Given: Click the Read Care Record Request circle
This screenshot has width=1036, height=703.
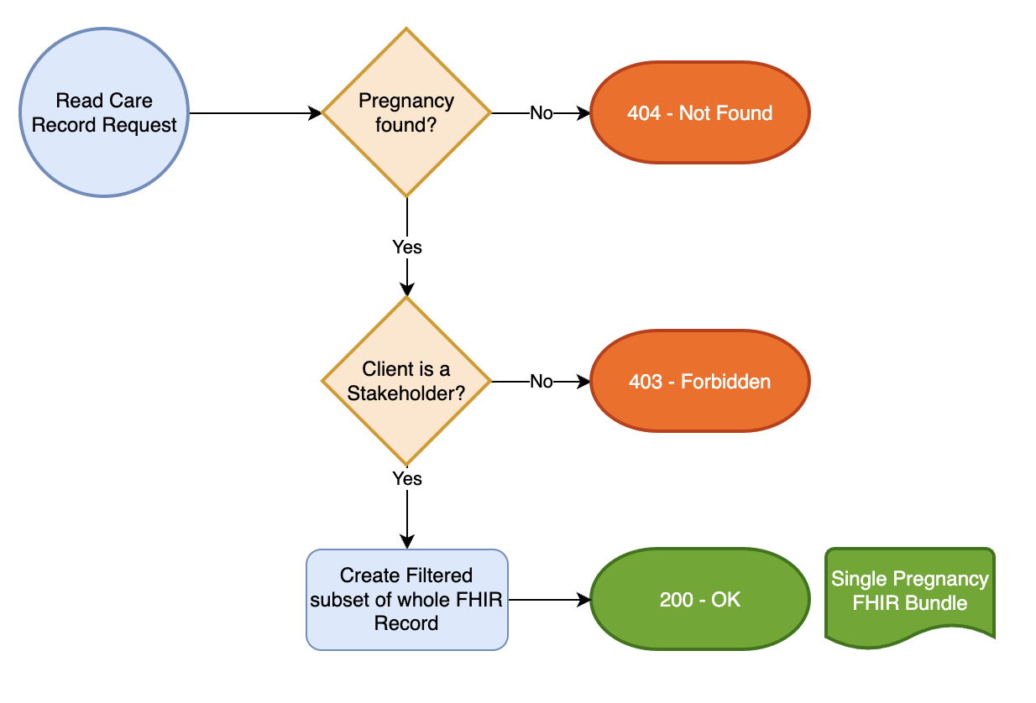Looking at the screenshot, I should click(x=104, y=113).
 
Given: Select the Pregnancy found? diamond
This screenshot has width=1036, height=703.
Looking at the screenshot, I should click(x=406, y=112).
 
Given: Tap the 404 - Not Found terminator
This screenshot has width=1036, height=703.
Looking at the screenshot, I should click(x=699, y=113).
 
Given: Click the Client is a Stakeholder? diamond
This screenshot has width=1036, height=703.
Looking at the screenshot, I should click(x=406, y=381).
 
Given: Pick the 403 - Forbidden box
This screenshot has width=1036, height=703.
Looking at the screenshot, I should click(x=699, y=382).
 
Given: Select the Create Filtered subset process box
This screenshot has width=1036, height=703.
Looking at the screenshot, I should click(x=406, y=599).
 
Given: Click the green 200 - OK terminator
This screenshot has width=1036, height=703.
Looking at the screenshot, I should click(x=699, y=600).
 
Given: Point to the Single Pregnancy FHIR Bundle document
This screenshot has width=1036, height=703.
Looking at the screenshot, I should click(x=910, y=591).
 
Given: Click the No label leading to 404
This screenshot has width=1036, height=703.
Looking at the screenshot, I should click(x=542, y=113).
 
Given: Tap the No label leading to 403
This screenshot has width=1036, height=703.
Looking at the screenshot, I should click(x=542, y=382).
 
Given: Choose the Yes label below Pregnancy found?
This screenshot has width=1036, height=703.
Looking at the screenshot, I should click(x=407, y=247).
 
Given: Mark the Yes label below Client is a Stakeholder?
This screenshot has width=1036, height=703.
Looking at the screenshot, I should click(x=407, y=479).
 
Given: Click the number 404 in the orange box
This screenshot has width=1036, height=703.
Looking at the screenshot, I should click(x=644, y=113).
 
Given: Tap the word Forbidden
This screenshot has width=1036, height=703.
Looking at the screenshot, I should click(x=725, y=382).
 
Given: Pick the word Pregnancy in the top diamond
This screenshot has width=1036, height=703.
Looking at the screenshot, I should click(x=406, y=101).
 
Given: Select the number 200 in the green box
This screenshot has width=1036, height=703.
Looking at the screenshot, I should click(x=676, y=600).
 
